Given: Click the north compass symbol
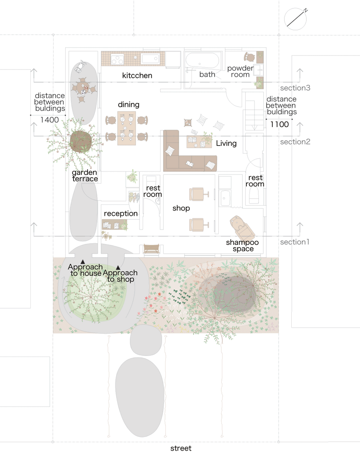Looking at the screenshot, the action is [296, 19].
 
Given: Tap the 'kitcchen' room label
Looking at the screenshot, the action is [137, 76].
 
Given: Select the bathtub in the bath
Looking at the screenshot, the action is [202, 60].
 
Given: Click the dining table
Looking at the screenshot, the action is [127, 128].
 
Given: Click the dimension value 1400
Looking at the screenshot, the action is [49, 120].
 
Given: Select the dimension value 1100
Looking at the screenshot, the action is [279, 124].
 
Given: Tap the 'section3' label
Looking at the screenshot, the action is [295, 88].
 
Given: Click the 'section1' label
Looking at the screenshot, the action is [295, 242].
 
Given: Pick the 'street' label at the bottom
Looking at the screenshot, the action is [181, 448].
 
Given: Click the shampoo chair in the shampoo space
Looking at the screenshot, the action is [242, 228].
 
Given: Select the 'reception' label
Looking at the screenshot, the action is [121, 214].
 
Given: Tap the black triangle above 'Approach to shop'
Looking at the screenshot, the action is [118, 268].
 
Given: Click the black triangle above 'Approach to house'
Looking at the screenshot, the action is [83, 262].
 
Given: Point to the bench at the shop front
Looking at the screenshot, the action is [151, 249].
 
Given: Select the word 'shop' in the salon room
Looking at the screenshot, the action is [181, 208].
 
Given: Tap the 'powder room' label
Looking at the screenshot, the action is [240, 71].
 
